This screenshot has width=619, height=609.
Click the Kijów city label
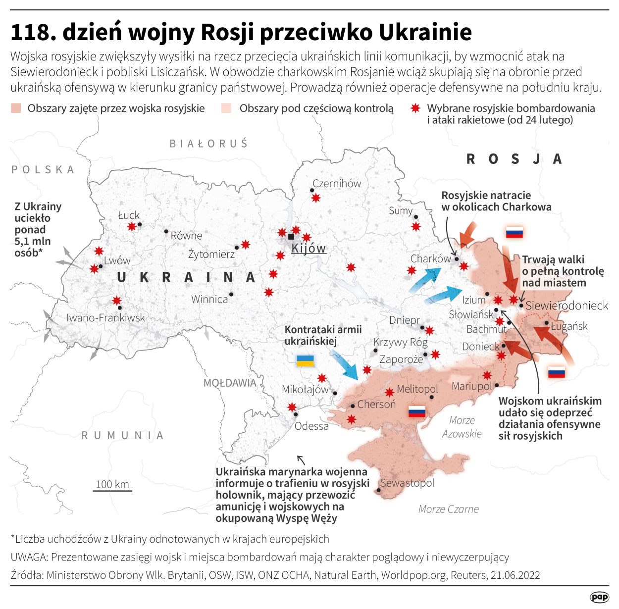click(x=309, y=248)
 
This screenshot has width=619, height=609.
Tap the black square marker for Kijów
click(x=291, y=237)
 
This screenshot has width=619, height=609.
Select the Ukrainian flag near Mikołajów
click(x=305, y=360)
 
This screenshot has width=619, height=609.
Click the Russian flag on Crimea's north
click(x=416, y=411)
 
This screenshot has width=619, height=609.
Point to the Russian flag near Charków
click(x=514, y=232)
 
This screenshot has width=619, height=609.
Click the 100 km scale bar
click(x=112, y=490)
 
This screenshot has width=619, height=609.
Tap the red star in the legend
click(x=415, y=108)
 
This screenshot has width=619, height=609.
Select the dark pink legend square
click(x=16, y=108)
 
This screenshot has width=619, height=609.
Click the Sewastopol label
click(x=407, y=483)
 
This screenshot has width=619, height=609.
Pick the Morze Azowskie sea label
click(x=462, y=427)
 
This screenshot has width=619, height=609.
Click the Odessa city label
click(x=311, y=426)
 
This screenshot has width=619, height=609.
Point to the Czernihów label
click(x=337, y=183)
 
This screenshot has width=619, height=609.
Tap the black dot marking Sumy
click(x=416, y=217)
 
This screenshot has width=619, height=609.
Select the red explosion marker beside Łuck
click(x=131, y=226)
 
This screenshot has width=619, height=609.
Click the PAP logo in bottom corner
click(x=599, y=597)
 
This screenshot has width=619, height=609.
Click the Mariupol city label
click(x=471, y=386)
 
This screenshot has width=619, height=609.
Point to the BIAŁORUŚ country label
click(x=208, y=144)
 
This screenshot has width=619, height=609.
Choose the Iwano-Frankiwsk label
click(x=106, y=317)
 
